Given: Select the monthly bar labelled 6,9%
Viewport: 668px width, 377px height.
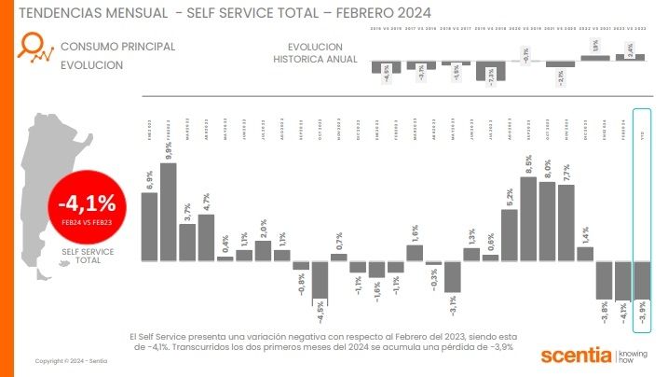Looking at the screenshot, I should [x=149, y=226].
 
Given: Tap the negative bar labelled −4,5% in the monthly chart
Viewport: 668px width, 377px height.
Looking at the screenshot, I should [x=320, y=277].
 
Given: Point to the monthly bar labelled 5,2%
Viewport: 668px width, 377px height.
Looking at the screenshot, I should [x=510, y=234].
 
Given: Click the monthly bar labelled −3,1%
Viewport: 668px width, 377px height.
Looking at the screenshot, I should [x=453, y=276].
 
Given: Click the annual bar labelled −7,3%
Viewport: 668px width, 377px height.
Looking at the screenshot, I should [x=492, y=72].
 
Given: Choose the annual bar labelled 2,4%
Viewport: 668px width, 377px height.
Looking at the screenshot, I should [x=630, y=57].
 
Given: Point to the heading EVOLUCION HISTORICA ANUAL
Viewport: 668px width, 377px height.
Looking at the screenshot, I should [x=315, y=53].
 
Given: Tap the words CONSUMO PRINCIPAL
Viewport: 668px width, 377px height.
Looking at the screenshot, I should [x=117, y=46].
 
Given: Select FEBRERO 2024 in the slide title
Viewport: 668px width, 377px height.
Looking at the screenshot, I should [x=383, y=13].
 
